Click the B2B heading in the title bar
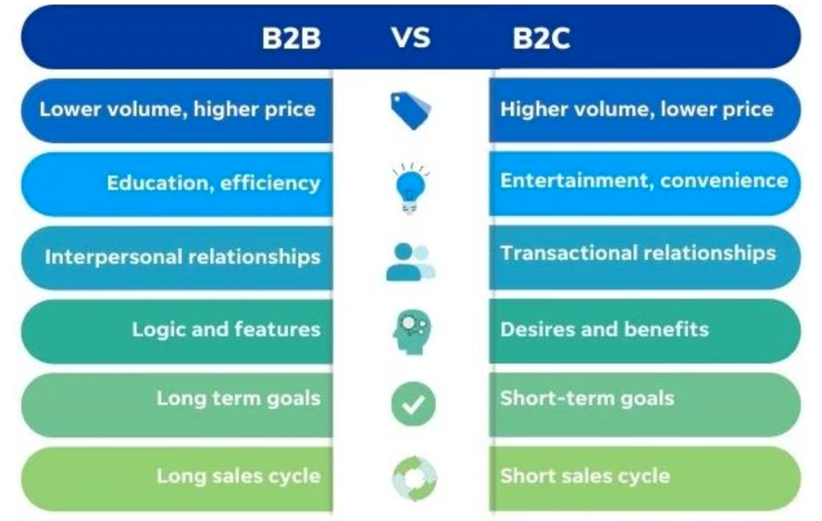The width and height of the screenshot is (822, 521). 291,39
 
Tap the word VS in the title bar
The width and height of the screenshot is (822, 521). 410,38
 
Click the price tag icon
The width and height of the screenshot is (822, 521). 411,110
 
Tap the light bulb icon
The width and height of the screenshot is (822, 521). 410,187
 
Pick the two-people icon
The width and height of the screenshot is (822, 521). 410,262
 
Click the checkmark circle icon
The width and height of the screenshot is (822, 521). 413,404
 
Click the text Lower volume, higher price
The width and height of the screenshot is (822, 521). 177,109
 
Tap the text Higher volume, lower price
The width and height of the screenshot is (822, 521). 636,109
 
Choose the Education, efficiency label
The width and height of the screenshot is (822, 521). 214,183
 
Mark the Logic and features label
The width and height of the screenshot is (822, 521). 226,329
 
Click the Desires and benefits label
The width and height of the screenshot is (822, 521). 604,329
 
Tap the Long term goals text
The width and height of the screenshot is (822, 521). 238,398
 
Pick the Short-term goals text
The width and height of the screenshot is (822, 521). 586,398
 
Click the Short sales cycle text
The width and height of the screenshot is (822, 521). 584,476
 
